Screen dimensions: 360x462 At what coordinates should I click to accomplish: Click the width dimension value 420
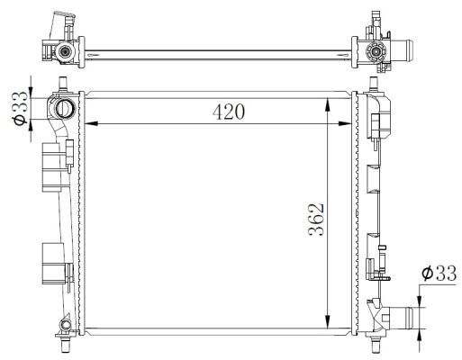[x=228, y=112]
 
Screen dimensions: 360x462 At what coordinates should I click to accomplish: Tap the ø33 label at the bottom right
[x=437, y=274]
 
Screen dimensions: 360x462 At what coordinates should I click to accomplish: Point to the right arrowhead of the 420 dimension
[x=351, y=123]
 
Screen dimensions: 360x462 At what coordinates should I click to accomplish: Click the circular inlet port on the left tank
[x=67, y=109]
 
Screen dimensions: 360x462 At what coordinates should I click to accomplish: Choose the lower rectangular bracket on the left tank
[x=55, y=260]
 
